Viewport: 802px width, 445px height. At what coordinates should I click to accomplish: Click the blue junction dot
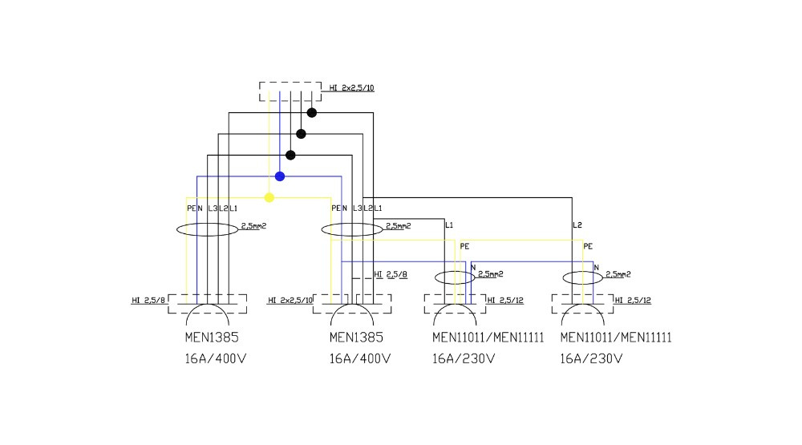pyautogui.click(x=279, y=176)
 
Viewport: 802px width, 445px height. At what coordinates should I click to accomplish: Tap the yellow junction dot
pyautogui.click(x=269, y=197)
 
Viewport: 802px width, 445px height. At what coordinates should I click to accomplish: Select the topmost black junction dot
pyautogui.click(x=312, y=113)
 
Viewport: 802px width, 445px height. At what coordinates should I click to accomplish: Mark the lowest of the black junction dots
pyautogui.click(x=290, y=156)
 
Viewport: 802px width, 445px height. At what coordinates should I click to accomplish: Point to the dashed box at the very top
pyautogui.click(x=290, y=91)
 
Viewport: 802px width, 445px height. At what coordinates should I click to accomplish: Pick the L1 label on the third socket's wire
pyautogui.click(x=449, y=225)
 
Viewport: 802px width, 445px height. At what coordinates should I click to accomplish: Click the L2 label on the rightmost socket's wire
pyautogui.click(x=577, y=225)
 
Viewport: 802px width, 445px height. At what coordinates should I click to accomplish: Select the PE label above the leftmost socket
pyautogui.click(x=191, y=208)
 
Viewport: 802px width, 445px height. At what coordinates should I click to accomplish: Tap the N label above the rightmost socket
pyautogui.click(x=596, y=267)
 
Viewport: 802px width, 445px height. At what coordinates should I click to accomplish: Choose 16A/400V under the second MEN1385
pyautogui.click(x=359, y=358)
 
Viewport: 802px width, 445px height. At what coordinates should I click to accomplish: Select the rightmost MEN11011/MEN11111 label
pyautogui.click(x=616, y=338)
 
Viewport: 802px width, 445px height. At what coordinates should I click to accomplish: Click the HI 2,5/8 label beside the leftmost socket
pyautogui.click(x=149, y=301)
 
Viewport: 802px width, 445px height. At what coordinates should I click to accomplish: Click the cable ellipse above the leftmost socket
pyautogui.click(x=208, y=229)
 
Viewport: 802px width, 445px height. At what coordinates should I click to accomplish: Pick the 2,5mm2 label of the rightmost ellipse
pyautogui.click(x=618, y=274)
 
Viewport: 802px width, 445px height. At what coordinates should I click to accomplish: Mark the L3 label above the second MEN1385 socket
pyautogui.click(x=357, y=208)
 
